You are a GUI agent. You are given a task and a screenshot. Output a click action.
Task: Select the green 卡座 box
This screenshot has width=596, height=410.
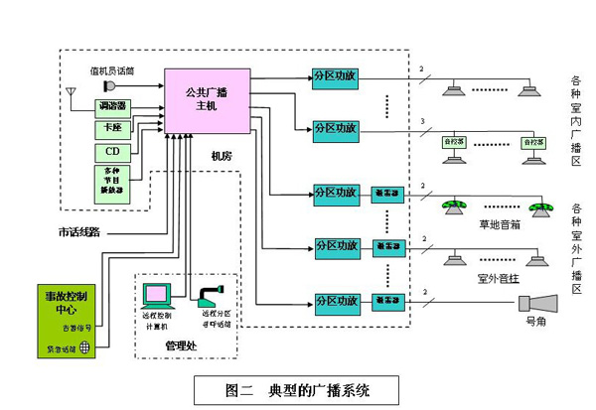tap(110, 130)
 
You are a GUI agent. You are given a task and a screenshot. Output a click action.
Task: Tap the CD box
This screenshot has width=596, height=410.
tap(110, 153)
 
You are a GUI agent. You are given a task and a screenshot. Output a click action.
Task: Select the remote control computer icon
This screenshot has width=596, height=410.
tap(156, 295)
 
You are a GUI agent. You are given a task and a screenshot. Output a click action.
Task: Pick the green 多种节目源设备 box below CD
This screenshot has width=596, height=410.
tap(110, 184)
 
